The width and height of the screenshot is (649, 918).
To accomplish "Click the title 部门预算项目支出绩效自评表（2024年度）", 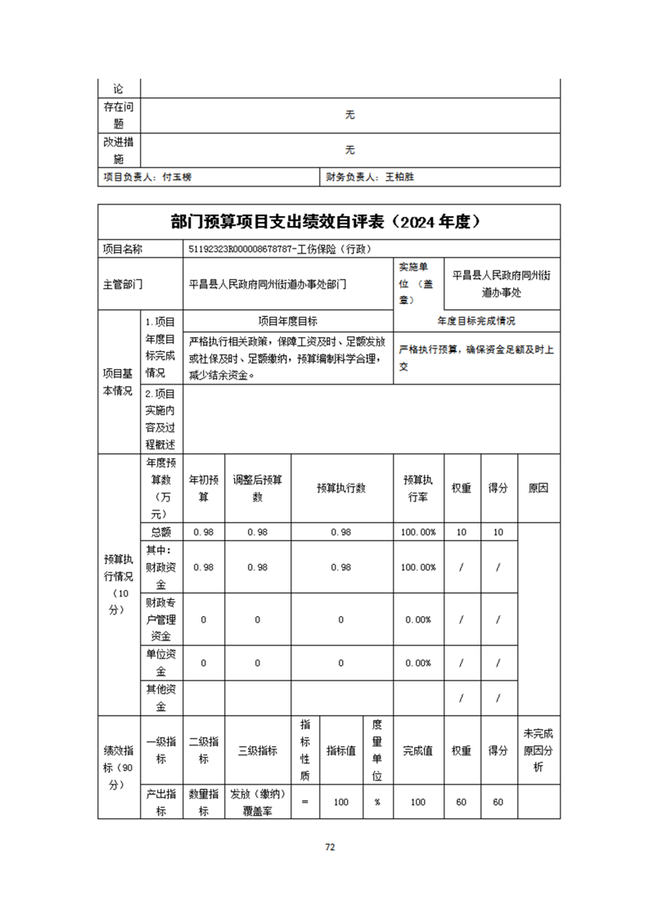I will coord(325,222).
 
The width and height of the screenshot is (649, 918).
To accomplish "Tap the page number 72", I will coord(330,847).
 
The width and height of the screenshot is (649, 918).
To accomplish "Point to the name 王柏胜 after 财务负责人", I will coord(400,176).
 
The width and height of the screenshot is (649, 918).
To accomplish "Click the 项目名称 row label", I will coord(122,249).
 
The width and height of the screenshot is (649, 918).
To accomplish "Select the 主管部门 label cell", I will coord(122,285).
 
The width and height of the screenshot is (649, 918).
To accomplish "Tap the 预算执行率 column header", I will coord(418,488).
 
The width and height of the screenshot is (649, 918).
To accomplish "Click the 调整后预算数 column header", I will coord(257,488).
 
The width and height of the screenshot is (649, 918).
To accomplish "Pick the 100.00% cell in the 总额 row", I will coord(418,532).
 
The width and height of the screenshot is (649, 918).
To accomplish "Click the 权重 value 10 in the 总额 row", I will coord(462,532).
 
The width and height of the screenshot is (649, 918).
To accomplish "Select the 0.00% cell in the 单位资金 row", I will coord(418,663).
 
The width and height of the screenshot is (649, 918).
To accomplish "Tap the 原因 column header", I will coord(539,488).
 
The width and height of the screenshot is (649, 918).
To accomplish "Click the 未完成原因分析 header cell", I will coord(539,750).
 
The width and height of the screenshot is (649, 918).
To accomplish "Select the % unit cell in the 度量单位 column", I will coord(377,803).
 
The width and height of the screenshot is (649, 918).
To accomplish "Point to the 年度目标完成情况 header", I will coord(476,321).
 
